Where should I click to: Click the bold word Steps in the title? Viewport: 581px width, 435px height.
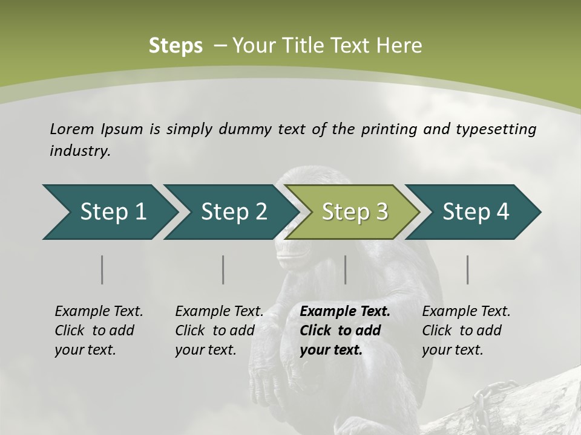[176, 46]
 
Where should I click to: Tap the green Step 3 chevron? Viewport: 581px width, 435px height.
[355, 212]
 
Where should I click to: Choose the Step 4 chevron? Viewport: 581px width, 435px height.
[476, 212]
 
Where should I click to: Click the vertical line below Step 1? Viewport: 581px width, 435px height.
[102, 269]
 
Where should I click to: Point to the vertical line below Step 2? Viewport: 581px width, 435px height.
[223, 269]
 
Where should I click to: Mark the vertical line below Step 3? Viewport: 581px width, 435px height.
[346, 269]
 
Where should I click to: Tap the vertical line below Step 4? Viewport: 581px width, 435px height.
[468, 269]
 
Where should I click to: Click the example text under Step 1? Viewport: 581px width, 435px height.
[99, 330]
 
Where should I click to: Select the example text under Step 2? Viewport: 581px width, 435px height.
[219, 330]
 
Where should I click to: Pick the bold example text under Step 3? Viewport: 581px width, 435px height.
[345, 330]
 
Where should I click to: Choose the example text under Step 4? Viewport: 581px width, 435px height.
[466, 330]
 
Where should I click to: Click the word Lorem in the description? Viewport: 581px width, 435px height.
[72, 129]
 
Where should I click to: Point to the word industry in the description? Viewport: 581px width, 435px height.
[80, 151]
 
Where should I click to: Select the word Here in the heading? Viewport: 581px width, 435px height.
[399, 46]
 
